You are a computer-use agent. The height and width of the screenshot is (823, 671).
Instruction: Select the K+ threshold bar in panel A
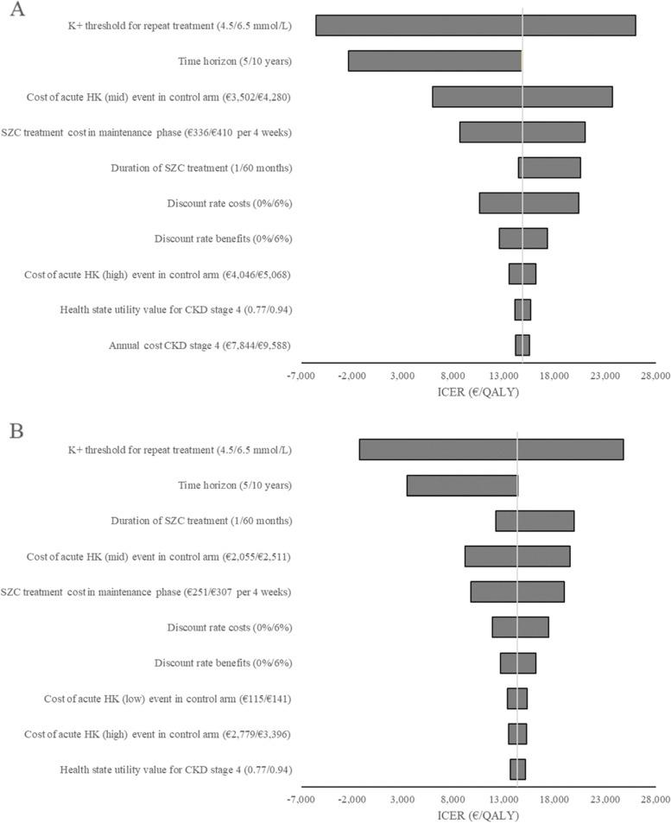(x=475, y=26)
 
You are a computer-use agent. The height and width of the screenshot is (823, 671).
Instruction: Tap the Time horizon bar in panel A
(x=434, y=60)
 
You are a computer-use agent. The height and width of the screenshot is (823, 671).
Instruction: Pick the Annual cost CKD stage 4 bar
(x=522, y=345)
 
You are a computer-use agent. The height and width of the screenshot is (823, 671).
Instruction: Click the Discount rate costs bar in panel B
(x=520, y=627)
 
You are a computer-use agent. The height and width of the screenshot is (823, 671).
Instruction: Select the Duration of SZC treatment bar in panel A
(x=548, y=168)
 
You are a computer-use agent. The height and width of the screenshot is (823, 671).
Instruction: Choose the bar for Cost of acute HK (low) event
(x=516, y=698)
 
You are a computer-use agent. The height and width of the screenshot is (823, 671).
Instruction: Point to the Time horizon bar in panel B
(x=462, y=485)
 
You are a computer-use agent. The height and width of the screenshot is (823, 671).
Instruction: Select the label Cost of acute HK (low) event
(x=168, y=698)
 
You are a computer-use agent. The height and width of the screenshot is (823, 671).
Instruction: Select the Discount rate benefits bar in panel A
(x=522, y=238)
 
